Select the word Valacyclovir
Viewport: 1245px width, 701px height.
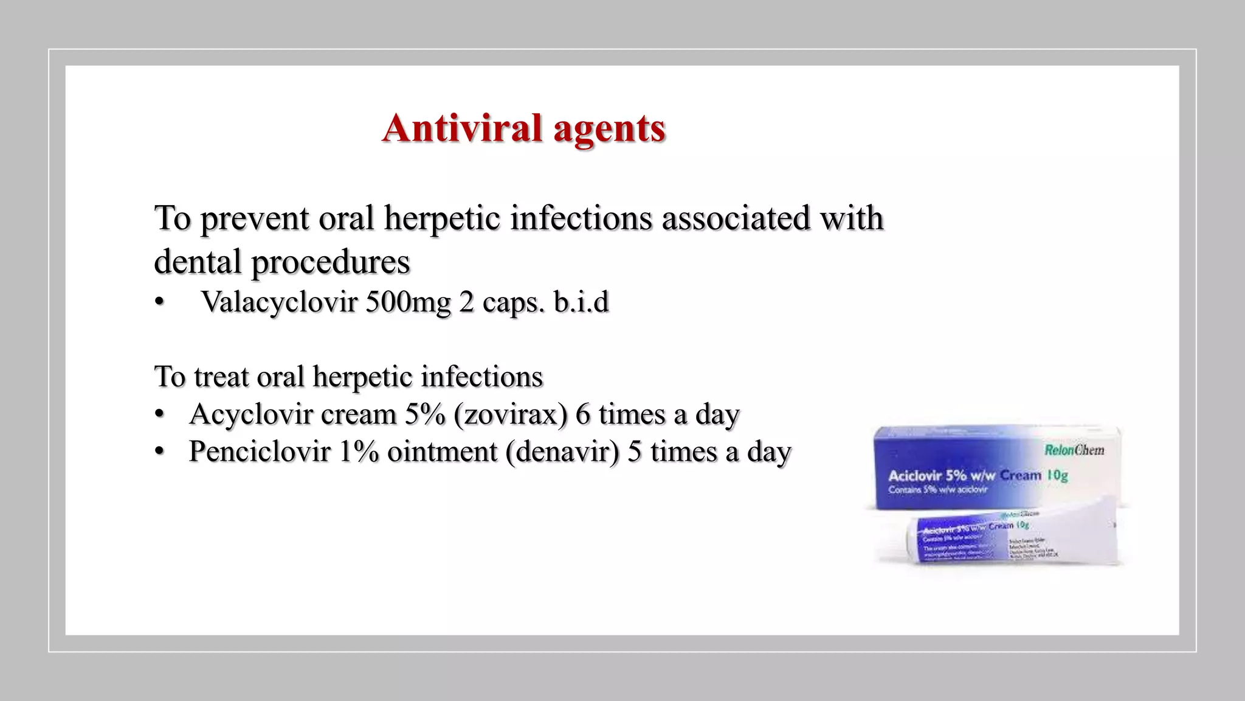coord(278,302)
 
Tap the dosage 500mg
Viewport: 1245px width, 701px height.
coord(408,302)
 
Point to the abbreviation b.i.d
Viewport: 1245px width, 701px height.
coord(581,302)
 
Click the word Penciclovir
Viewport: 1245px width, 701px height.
coord(260,452)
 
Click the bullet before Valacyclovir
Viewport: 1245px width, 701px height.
coord(159,302)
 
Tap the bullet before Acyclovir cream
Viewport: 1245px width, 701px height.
coord(159,415)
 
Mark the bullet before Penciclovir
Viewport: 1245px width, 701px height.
coord(159,452)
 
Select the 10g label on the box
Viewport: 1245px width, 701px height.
coord(1057,475)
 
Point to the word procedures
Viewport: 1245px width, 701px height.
coord(331,262)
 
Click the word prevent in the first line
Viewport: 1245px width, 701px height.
coord(255,218)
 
